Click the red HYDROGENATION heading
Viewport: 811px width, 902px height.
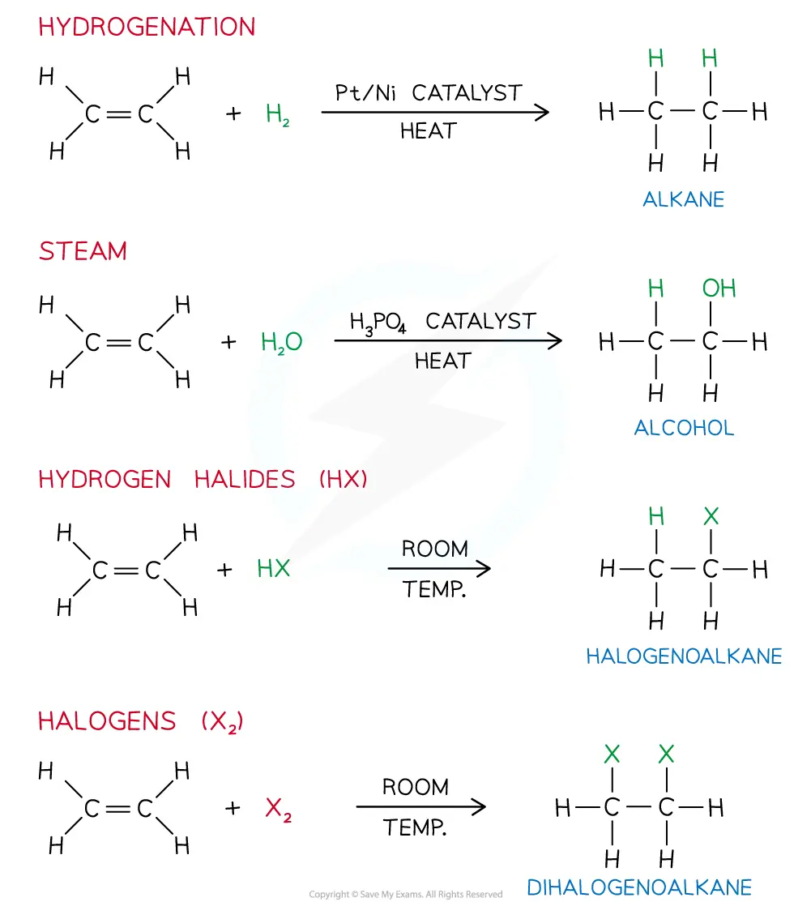pyautogui.click(x=147, y=27)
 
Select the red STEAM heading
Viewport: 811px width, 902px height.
pyautogui.click(x=83, y=250)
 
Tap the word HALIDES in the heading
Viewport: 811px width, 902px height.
pyautogui.click(x=245, y=479)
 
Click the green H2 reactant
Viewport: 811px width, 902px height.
pyautogui.click(x=277, y=114)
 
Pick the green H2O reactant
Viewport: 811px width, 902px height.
pyautogui.click(x=281, y=342)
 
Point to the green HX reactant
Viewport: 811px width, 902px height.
pyautogui.click(x=273, y=568)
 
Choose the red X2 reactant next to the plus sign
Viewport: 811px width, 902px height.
pyautogui.click(x=278, y=809)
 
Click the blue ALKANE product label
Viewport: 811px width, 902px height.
pyautogui.click(x=683, y=199)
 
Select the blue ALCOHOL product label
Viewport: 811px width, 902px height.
pyautogui.click(x=684, y=427)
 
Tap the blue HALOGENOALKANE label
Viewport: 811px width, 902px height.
pyautogui.click(x=684, y=656)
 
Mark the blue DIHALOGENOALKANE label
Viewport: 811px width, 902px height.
pyautogui.click(x=639, y=887)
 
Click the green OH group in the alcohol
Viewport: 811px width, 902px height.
pyautogui.click(x=719, y=289)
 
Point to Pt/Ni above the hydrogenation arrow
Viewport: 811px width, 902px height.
pyautogui.click(x=365, y=92)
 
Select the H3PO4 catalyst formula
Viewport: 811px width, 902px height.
pyautogui.click(x=378, y=323)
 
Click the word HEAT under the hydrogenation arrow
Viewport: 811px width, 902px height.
pyautogui.click(x=429, y=131)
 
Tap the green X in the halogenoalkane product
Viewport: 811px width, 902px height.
pyautogui.click(x=711, y=516)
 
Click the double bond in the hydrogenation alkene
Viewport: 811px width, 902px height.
pyautogui.click(x=120, y=114)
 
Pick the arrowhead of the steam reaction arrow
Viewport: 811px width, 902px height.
pyautogui.click(x=554, y=340)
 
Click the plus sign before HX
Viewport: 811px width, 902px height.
pyautogui.click(x=224, y=570)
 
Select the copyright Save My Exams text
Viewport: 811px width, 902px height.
pyautogui.click(x=405, y=894)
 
